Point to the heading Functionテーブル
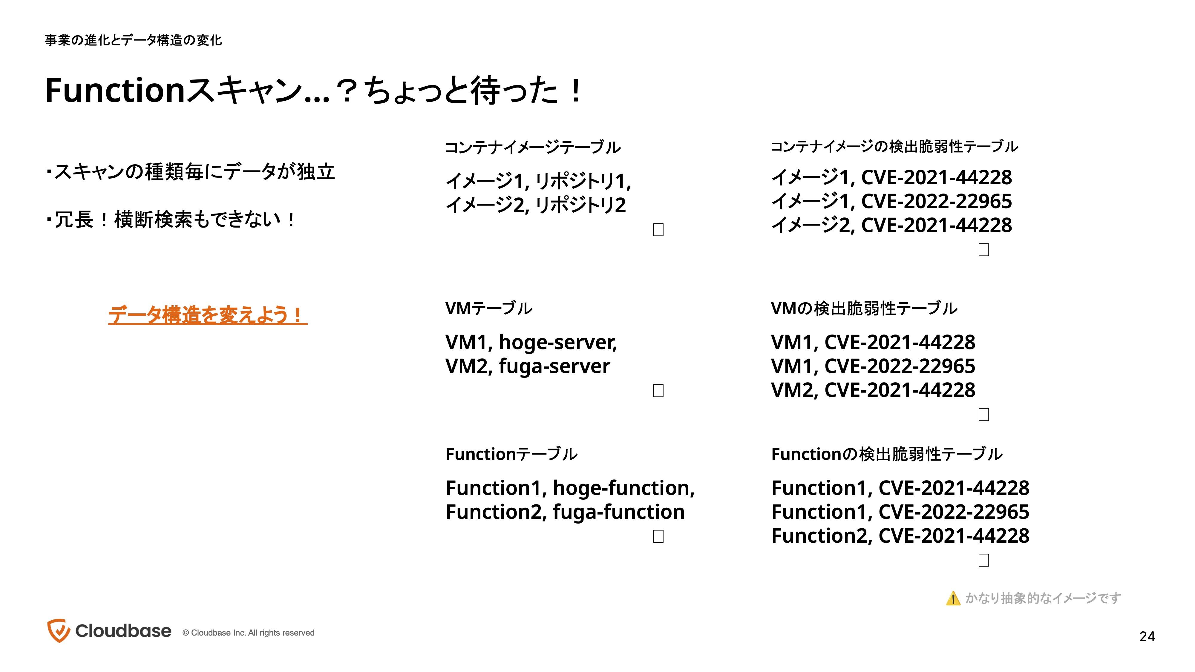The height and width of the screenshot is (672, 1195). click(x=511, y=454)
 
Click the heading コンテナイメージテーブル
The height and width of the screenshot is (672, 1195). click(x=533, y=148)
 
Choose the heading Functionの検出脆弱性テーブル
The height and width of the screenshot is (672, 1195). click(x=886, y=454)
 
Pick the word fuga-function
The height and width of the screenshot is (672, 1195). click(x=618, y=512)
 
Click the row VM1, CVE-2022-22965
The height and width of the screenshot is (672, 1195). click(x=873, y=366)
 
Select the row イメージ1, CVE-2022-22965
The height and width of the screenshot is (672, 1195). click(x=891, y=201)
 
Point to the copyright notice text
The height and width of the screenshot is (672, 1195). click(x=248, y=633)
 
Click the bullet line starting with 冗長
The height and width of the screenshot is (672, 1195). click(x=170, y=220)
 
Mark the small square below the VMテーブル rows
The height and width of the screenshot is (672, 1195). click(x=658, y=390)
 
